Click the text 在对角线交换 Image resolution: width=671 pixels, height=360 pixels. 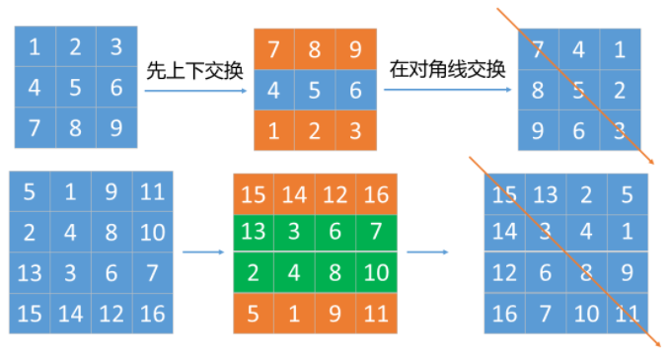(447, 69)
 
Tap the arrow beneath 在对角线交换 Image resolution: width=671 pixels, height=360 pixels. (447, 91)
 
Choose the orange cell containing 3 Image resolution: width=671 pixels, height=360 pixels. (356, 129)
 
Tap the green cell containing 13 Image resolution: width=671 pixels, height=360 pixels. (254, 231)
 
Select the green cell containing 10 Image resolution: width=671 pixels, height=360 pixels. (377, 269)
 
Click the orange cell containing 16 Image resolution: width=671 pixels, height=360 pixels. (377, 193)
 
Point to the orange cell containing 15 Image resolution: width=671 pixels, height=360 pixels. (254, 193)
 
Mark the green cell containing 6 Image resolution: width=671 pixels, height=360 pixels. (336, 231)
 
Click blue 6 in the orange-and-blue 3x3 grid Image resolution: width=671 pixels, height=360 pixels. (356, 90)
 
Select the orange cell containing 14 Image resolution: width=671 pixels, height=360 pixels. (295, 193)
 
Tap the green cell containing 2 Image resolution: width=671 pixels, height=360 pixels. (254, 269)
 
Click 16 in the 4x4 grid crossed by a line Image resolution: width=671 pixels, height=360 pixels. (504, 314)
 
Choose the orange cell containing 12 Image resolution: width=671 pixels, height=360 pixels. (336, 193)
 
